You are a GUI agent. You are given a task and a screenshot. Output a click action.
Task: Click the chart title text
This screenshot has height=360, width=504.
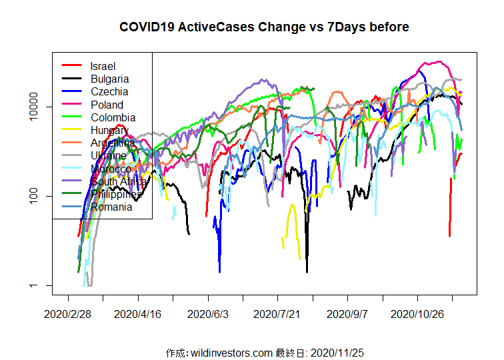click(264, 27)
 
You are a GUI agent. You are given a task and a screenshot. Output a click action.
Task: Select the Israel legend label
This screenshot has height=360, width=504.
click(103, 66)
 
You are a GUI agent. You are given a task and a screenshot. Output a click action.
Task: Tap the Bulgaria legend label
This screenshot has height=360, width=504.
click(109, 79)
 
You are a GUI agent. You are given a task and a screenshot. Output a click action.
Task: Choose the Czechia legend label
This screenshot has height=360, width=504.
click(109, 91)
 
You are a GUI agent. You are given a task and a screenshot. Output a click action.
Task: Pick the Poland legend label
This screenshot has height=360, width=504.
click(107, 105)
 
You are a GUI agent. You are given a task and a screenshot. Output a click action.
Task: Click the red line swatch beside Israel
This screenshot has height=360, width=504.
click(71, 65)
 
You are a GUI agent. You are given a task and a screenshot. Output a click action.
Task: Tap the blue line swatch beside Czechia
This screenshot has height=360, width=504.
click(71, 91)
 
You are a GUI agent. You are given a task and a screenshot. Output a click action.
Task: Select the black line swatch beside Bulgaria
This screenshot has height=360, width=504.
click(71, 79)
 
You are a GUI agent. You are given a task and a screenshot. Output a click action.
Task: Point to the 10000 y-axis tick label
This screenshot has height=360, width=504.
click(40, 107)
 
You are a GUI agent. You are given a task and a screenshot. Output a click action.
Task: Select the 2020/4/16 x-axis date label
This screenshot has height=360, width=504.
click(138, 313)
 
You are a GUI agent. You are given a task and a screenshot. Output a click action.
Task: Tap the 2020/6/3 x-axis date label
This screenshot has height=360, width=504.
click(208, 313)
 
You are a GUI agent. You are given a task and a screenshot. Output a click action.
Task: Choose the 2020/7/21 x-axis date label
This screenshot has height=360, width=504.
click(277, 313)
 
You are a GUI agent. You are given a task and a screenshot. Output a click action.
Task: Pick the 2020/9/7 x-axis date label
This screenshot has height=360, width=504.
click(347, 313)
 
